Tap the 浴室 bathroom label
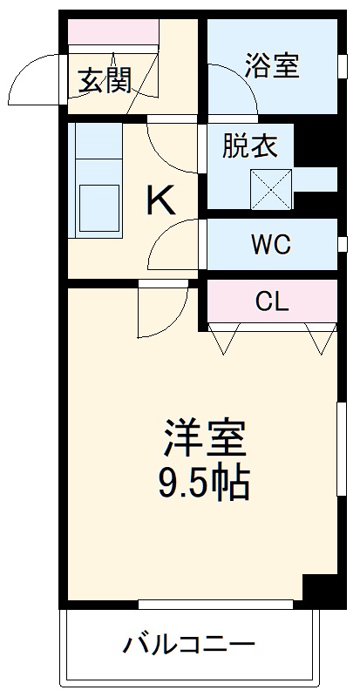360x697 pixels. coord(272,66)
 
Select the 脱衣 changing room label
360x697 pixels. coord(249,146)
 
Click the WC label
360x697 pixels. coord(271,245)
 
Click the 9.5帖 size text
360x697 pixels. coord(204,482)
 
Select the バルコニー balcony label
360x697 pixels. coord(189,646)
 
